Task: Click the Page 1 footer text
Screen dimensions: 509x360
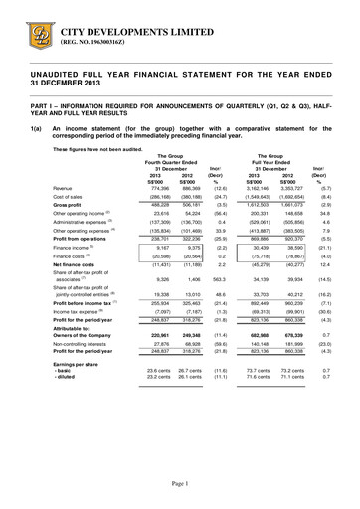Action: point(180,482)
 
